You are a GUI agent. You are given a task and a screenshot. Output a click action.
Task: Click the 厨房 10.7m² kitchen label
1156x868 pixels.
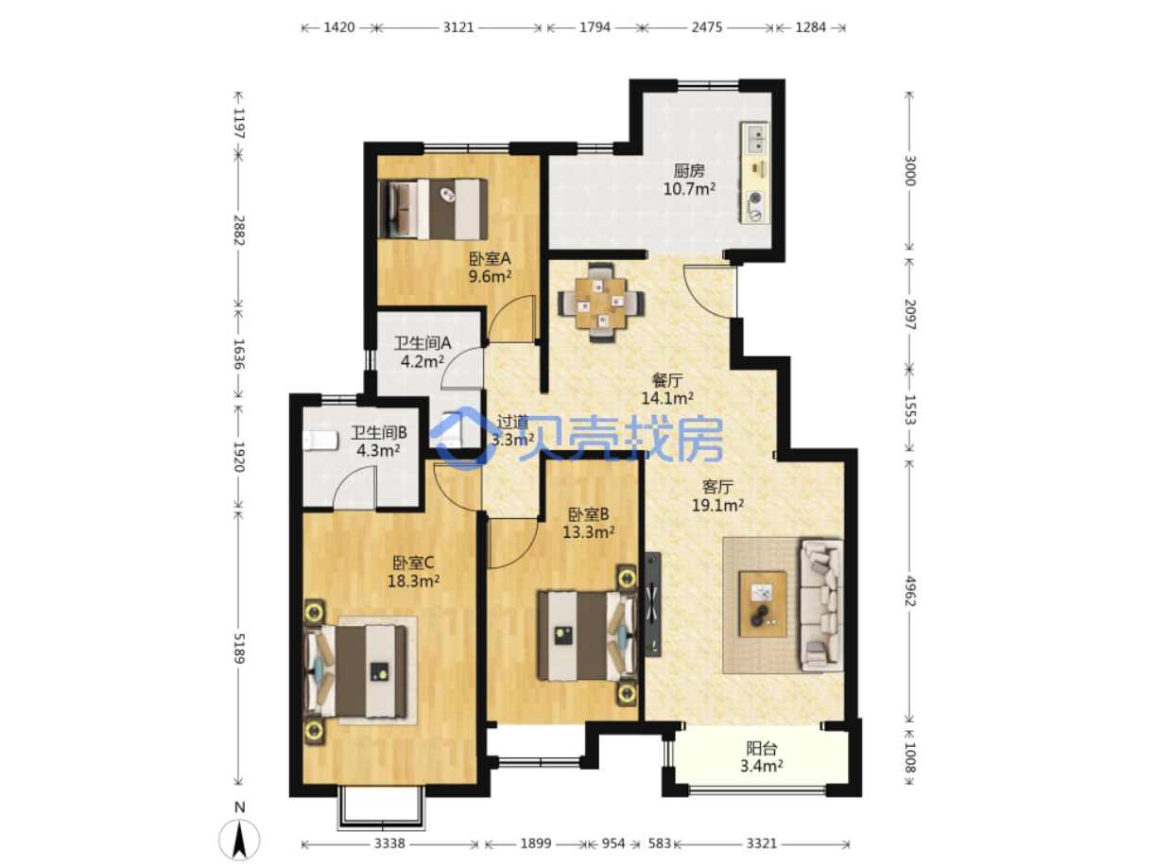pyautogui.click(x=688, y=180)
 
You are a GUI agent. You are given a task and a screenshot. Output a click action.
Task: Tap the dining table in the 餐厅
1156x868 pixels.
pyautogui.click(x=601, y=303)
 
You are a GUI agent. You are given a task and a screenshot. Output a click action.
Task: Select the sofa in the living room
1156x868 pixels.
pyautogui.click(x=820, y=604)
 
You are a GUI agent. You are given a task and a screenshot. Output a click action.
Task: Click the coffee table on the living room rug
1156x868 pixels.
pyautogui.click(x=763, y=603)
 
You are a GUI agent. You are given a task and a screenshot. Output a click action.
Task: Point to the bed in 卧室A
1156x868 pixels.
pyautogui.click(x=432, y=209)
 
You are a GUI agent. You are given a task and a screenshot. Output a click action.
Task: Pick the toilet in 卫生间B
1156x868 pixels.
pyautogui.click(x=320, y=441)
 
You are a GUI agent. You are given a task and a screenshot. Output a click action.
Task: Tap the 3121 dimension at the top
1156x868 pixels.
pyautogui.click(x=457, y=27)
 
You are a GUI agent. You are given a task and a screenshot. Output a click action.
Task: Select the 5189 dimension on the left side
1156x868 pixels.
pyautogui.click(x=239, y=648)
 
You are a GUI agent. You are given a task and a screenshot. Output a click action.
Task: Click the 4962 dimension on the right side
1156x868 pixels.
pyautogui.click(x=910, y=591)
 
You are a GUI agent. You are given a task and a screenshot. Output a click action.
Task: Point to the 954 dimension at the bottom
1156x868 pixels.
pyautogui.click(x=613, y=843)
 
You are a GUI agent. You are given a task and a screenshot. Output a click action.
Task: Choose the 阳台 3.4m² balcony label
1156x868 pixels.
pyautogui.click(x=761, y=756)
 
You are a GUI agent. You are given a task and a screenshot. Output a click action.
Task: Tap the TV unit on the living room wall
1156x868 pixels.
pyautogui.click(x=653, y=603)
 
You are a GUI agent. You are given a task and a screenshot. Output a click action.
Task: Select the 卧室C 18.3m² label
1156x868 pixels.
pyautogui.click(x=413, y=571)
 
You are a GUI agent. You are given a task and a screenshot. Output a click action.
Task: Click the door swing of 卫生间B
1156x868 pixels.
pyautogui.click(x=354, y=487)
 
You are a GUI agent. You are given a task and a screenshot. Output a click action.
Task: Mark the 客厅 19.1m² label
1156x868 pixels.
pyautogui.click(x=717, y=496)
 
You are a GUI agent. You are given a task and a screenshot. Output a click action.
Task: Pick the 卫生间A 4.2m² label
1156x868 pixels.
pyautogui.click(x=423, y=353)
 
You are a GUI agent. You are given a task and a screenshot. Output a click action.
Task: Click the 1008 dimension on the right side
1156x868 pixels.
pyautogui.click(x=910, y=756)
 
